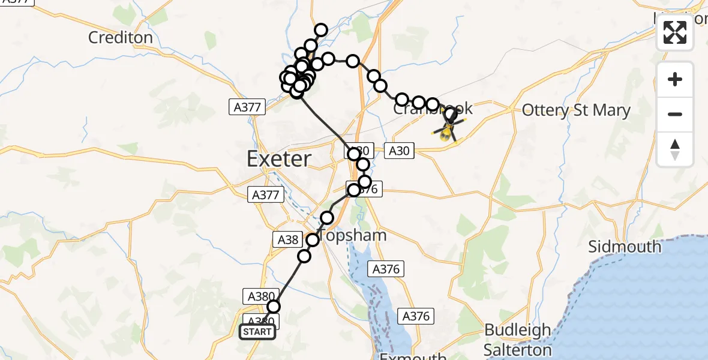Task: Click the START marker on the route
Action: point(257,332)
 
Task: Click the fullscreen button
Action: point(675,32)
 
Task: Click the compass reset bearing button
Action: point(675,149)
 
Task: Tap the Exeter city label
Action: point(279,159)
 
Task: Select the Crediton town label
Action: point(121,37)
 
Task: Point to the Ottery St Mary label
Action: point(576,110)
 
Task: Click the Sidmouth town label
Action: point(625,247)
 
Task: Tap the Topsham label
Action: point(353,235)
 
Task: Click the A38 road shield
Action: point(286,240)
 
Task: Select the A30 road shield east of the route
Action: point(399,151)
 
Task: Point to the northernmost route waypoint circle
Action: point(321,30)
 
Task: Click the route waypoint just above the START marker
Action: point(274,307)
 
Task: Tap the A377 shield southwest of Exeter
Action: point(264,194)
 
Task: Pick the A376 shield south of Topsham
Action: point(386,269)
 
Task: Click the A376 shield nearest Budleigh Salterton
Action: point(416,316)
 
